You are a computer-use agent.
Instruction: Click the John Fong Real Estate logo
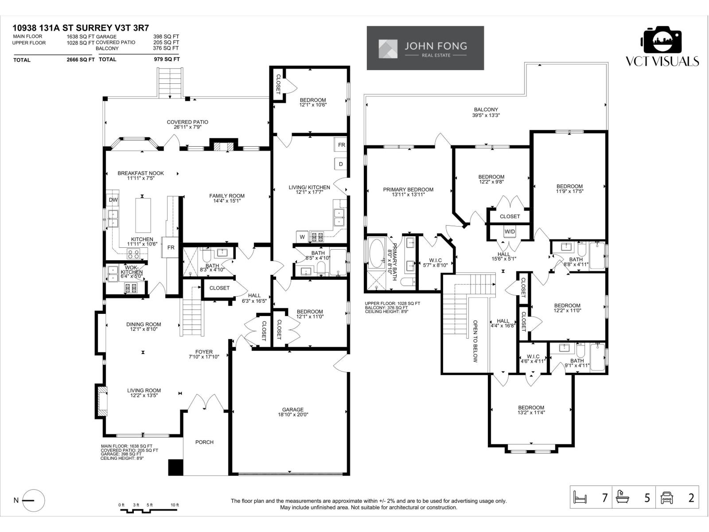tap(425, 48)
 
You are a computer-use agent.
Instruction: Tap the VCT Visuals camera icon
tap(662, 40)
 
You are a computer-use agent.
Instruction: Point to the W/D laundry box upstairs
tap(510, 232)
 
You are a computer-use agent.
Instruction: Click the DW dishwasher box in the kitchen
tap(113, 200)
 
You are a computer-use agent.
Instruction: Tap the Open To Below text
tap(475, 341)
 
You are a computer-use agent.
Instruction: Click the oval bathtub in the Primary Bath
tap(377, 253)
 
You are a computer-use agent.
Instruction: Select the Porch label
tap(204, 442)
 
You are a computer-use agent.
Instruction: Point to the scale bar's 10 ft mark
tap(175, 505)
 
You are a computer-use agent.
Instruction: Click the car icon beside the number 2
tap(666, 497)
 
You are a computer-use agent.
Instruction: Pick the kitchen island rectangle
tap(143, 215)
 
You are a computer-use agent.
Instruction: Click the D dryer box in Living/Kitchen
tap(341, 164)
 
